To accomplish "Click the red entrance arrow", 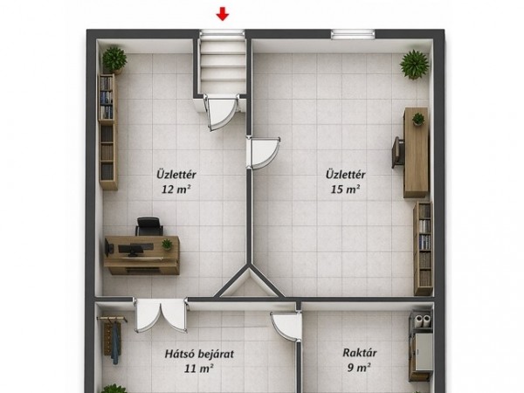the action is pos(222,15).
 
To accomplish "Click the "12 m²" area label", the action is pos(176,190).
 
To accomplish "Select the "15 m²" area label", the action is pos(346,190).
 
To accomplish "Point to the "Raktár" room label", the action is pos(360,353).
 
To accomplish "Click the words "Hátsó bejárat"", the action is pos(199,354).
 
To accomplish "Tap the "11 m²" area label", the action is pos(199,369).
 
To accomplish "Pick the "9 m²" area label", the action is pos(359,368).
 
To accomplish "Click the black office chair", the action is pos(149,226).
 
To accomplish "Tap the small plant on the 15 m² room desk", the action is pos(418,119).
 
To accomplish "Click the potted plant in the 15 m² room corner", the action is pos(414,65).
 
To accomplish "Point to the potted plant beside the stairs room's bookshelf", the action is pos(114,60).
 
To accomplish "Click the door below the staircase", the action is pos(221,113).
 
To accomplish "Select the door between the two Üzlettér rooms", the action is pos(263,153).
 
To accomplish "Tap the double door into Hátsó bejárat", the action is pos(161,315).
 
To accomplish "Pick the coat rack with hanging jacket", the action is pos(114,337).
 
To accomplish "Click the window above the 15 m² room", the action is pos(353,34).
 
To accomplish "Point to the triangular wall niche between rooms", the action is pos(249,284).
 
